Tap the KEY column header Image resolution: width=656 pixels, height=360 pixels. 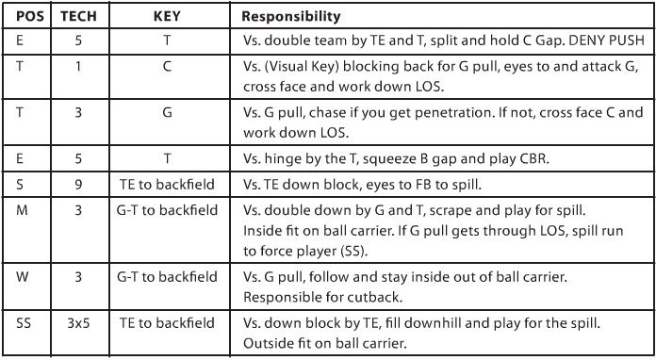166,17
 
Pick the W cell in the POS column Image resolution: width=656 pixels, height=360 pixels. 21,279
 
